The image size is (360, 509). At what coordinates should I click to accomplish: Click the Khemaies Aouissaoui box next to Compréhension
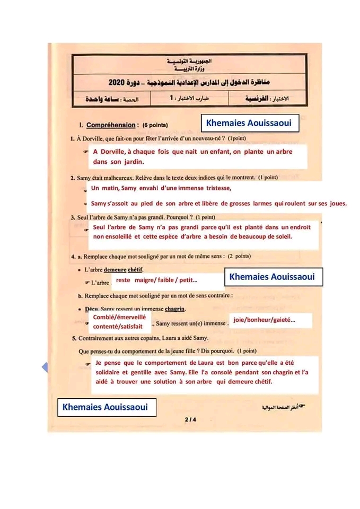click(249, 123)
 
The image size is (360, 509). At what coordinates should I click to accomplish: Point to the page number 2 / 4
click(190, 420)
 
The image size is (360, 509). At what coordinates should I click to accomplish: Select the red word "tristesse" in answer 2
click(215, 188)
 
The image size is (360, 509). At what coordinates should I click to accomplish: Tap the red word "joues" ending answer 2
click(337, 203)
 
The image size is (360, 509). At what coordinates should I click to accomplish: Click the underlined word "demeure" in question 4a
click(115, 270)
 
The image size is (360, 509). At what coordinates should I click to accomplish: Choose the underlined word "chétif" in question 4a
click(137, 270)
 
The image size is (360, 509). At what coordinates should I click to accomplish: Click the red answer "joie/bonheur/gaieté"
click(264, 320)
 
